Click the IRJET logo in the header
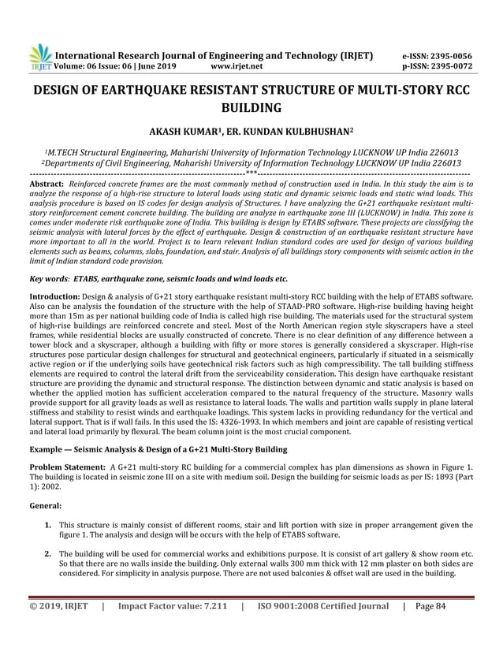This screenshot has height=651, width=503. pos(39,56)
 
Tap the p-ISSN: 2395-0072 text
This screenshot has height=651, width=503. pos(434,66)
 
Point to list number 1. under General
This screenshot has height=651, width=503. pos(49,524)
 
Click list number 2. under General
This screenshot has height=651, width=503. pos(49,554)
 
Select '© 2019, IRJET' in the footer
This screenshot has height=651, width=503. pos(58,628)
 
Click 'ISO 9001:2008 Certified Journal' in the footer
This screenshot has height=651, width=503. pos(323,628)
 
